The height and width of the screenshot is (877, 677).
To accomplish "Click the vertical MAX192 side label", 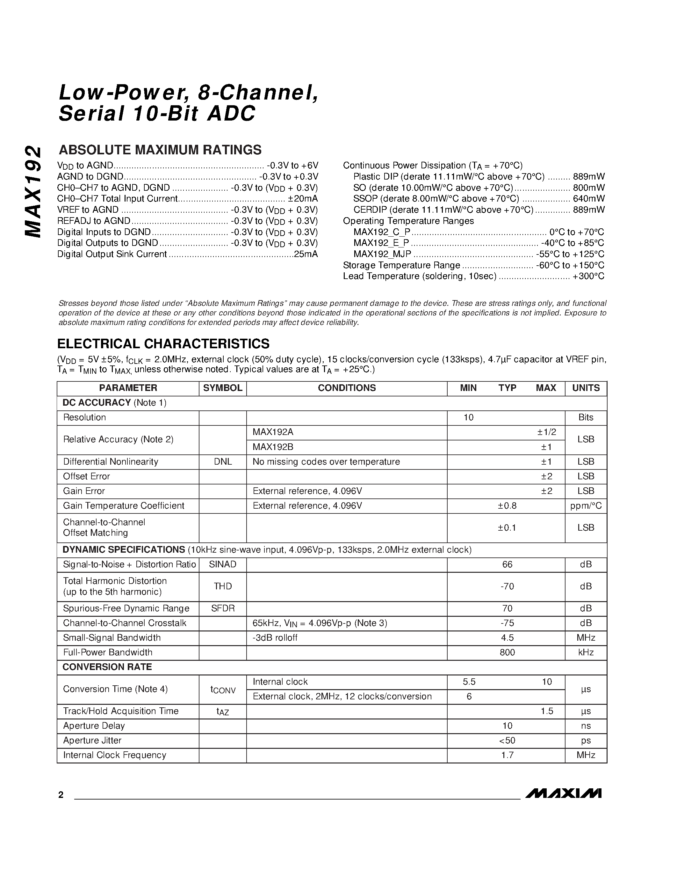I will (33, 192).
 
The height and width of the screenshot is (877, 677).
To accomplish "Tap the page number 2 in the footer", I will (61, 795).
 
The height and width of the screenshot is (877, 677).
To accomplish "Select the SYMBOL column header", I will (223, 388).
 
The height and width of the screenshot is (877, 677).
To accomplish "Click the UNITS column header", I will (586, 388).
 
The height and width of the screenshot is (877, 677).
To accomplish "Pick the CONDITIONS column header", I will (347, 388).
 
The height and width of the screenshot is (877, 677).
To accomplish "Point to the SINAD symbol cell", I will (223, 564).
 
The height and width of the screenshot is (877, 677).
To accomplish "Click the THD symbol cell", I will (223, 586).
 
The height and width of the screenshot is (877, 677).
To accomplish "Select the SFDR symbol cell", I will (223, 608).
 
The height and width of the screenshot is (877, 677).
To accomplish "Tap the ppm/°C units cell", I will (586, 505).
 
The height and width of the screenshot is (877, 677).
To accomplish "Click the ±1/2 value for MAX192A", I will (547, 432).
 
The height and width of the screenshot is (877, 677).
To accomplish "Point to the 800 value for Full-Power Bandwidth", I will (507, 652).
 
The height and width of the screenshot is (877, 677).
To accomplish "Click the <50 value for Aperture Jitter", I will (507, 740).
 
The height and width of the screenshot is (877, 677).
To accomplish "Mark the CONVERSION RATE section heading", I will (107, 667).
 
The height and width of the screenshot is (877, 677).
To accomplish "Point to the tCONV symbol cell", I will (223, 689).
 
